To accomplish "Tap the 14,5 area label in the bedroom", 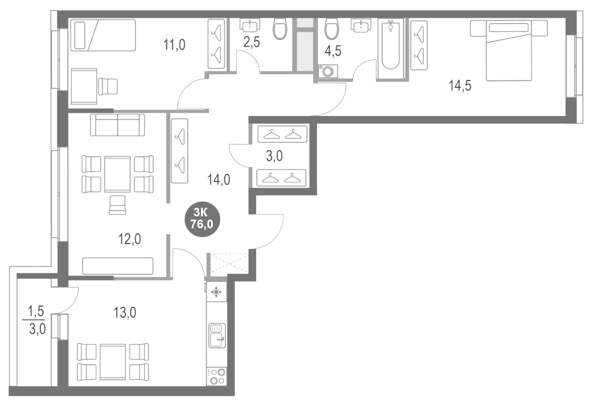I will [x=460, y=86].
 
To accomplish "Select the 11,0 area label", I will [x=174, y=44].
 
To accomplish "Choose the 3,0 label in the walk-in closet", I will [x=275, y=156].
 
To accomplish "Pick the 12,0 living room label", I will [x=129, y=239].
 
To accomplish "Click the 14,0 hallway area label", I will [x=219, y=180].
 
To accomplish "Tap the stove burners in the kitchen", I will [x=216, y=376].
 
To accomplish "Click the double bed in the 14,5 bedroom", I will [x=508, y=50].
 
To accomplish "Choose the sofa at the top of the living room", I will [x=118, y=125].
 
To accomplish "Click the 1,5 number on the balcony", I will [x=37, y=312].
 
